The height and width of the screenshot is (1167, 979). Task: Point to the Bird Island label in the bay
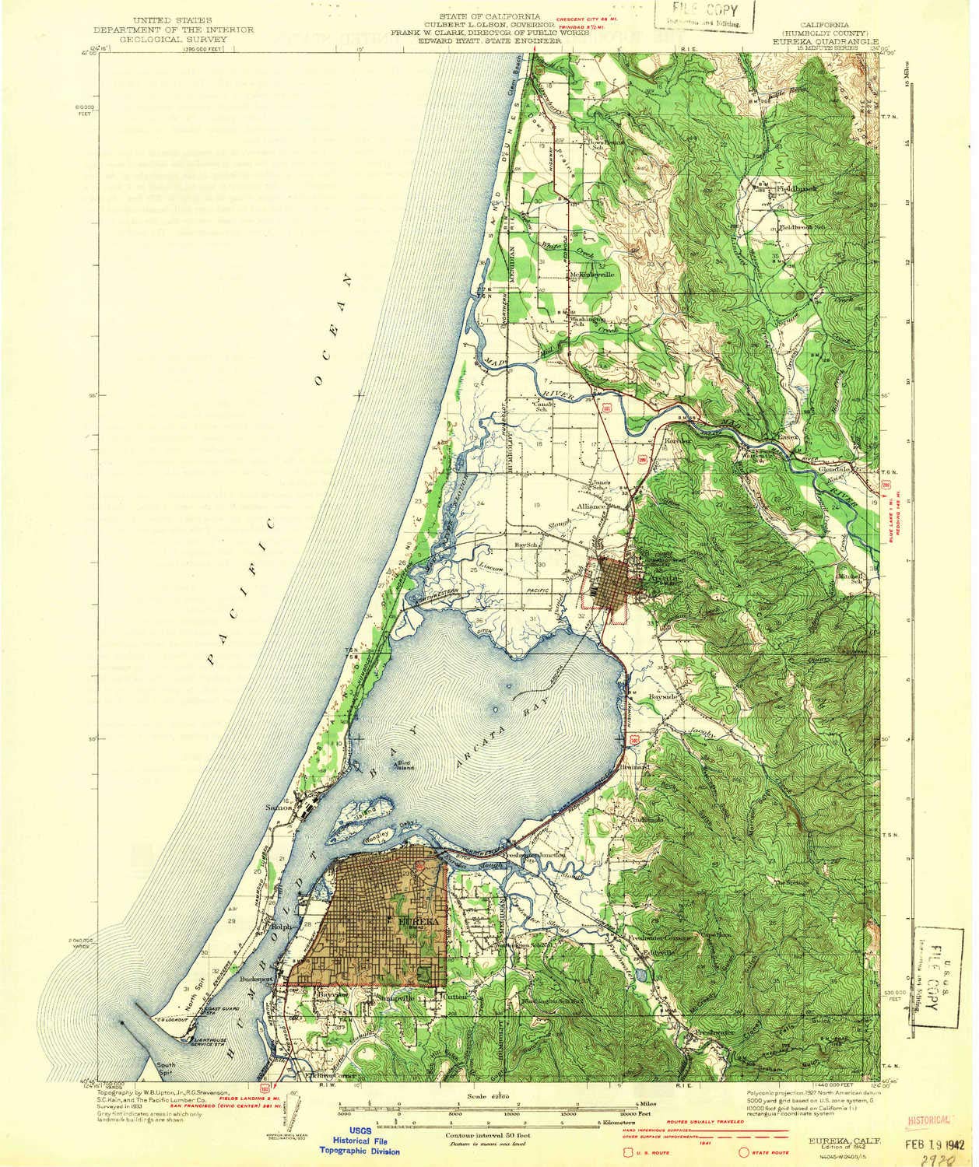pyautogui.click(x=403, y=765)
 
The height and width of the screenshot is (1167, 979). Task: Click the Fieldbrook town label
pyautogui.click(x=770, y=189)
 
